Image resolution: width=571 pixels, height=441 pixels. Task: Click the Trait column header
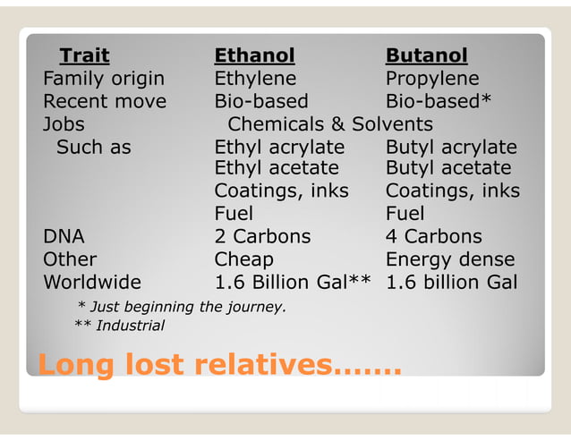tap(84, 55)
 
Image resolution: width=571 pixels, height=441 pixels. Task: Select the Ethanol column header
tap(254, 55)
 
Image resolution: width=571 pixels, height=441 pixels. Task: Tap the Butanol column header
tap(426, 55)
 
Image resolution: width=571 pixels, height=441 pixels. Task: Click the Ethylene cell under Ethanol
tap(255, 79)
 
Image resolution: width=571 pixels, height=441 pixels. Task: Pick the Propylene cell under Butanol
tap(432, 79)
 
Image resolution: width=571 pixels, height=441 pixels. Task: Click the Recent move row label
tap(105, 101)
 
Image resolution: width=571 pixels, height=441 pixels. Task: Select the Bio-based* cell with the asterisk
tap(439, 101)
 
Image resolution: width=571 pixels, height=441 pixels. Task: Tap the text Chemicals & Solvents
tap(330, 124)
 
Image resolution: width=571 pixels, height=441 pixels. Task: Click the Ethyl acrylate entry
tap(279, 147)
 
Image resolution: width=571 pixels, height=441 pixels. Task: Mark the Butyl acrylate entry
tap(451, 147)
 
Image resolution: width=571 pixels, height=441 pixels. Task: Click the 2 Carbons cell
tap(262, 237)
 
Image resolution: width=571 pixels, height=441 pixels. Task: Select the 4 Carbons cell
tap(433, 237)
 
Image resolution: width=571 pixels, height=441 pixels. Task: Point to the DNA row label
tap(64, 237)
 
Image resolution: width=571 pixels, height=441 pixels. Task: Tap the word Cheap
tap(243, 259)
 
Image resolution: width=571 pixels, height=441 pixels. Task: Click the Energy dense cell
tap(450, 259)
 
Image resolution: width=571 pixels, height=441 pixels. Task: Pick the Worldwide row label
tap(92, 283)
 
